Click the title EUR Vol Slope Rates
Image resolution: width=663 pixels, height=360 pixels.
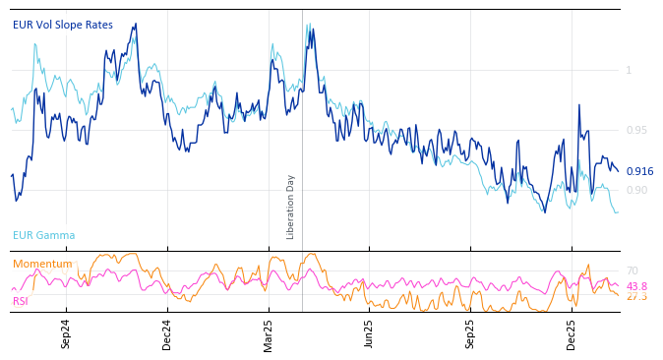click(x=63, y=25)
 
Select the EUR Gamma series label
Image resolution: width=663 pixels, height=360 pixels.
click(x=43, y=235)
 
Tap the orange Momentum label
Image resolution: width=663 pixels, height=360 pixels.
click(x=42, y=264)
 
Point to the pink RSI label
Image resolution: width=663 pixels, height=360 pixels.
click(x=21, y=301)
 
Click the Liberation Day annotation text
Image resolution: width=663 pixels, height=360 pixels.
click(x=291, y=207)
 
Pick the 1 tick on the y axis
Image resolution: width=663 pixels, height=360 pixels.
click(x=629, y=70)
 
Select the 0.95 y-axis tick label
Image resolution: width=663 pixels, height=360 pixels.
click(x=637, y=130)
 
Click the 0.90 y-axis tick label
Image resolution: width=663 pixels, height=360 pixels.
click(x=637, y=190)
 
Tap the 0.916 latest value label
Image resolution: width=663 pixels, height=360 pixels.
click(x=639, y=171)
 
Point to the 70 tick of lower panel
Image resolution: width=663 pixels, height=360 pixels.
click(x=632, y=270)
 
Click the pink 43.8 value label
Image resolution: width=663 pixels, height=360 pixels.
click(x=636, y=286)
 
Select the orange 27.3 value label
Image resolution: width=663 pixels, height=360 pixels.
click(x=636, y=296)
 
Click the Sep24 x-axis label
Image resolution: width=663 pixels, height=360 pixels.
click(x=66, y=334)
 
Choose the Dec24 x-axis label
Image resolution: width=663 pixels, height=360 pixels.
click(x=167, y=334)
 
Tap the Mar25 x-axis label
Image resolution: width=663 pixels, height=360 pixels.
click(x=268, y=334)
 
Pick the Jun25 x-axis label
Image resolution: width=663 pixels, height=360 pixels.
click(x=369, y=334)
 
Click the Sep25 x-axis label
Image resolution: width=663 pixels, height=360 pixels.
click(x=470, y=334)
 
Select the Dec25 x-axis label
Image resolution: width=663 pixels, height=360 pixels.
click(x=571, y=334)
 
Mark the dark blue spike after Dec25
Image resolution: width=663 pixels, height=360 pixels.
click(x=579, y=105)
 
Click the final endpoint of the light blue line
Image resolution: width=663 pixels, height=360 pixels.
click(x=618, y=211)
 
